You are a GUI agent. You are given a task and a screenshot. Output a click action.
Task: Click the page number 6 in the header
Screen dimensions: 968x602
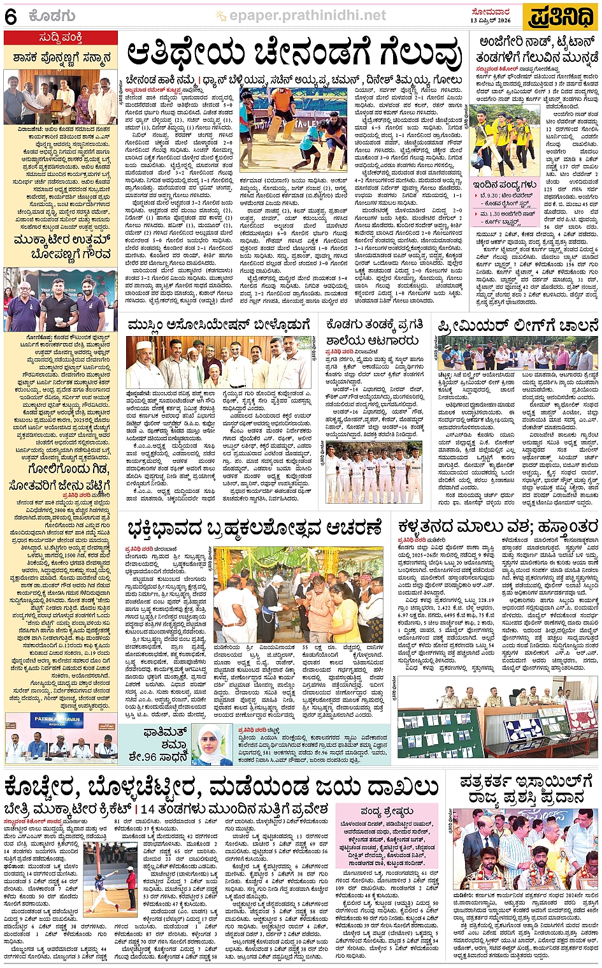point(11,17)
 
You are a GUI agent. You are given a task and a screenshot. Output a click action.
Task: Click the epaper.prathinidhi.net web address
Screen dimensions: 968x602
point(308,15)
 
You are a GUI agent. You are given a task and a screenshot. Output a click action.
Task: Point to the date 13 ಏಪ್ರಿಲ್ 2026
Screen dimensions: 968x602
point(491,20)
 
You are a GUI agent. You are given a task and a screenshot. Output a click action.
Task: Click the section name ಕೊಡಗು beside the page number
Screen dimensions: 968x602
point(52,17)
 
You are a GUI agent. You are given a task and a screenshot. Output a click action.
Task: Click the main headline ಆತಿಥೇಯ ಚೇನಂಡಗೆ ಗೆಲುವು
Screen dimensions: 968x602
point(294,55)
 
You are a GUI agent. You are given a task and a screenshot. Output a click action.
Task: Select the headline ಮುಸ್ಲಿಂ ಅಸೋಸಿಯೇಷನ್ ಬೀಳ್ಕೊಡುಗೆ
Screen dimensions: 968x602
point(219,325)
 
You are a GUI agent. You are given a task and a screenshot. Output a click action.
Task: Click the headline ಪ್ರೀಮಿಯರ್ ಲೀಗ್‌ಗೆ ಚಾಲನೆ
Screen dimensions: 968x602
point(517,326)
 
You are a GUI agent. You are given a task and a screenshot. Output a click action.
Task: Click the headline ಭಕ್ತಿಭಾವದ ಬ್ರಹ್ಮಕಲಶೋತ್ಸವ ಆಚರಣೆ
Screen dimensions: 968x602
point(254,529)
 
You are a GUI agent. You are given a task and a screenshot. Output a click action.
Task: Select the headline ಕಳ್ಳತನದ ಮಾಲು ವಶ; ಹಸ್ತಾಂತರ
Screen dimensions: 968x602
point(498,527)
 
